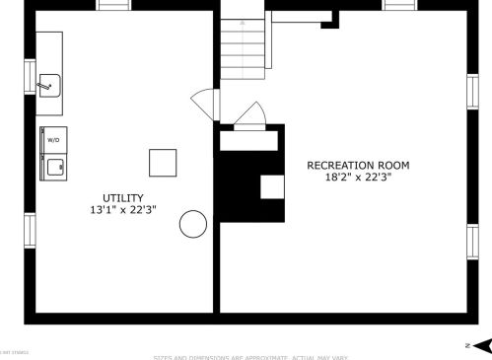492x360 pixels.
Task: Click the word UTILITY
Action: click(x=122, y=198)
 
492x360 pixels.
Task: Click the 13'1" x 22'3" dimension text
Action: click(x=122, y=210)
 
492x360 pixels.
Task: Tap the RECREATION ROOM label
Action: click(x=358, y=166)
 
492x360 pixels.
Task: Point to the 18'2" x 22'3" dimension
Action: click(x=358, y=178)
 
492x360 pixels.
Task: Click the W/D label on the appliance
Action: click(x=53, y=140)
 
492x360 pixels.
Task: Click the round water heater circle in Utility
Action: click(x=192, y=224)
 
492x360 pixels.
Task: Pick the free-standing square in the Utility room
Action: click(x=163, y=162)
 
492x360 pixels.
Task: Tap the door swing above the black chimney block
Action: click(x=248, y=116)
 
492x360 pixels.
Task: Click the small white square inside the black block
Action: click(x=271, y=186)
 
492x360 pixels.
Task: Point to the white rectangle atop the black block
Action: click(x=248, y=140)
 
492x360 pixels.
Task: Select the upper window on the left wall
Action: click(x=30, y=77)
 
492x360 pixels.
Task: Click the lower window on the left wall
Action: click(x=30, y=230)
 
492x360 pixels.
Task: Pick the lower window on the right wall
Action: click(x=471, y=240)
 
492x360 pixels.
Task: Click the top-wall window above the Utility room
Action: click(x=113, y=5)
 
